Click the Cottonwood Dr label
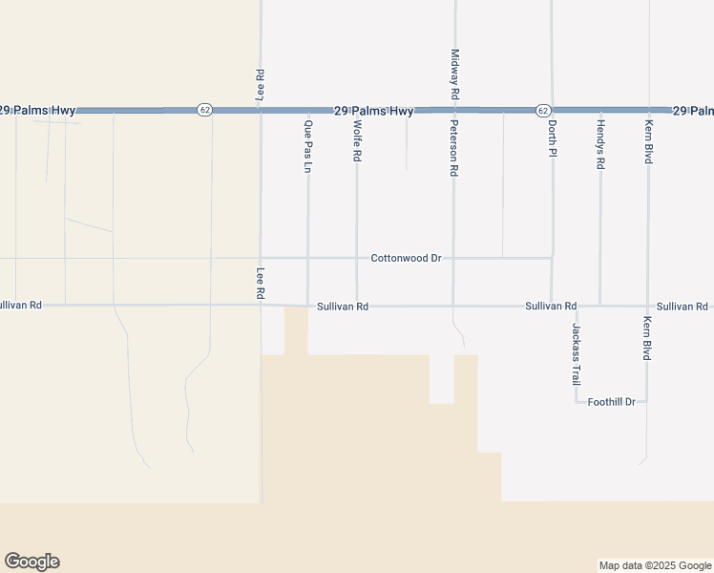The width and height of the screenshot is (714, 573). click(406, 258)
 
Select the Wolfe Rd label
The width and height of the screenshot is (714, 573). click(357, 140)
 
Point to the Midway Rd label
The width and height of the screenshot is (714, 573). click(454, 75)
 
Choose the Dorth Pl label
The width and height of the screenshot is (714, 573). click(552, 139)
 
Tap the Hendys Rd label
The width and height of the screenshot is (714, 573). click(600, 144)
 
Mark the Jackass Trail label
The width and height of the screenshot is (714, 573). click(576, 353)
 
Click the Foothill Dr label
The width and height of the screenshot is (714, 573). click(612, 402)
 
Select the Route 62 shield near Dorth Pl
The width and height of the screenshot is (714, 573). click(542, 110)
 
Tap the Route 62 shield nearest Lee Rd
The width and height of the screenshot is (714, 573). click(204, 110)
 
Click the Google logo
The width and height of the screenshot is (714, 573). click(31, 562)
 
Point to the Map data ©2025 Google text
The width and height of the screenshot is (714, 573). click(655, 565)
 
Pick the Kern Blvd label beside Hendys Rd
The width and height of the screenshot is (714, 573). click(648, 141)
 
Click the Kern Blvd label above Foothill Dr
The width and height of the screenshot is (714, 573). click(647, 338)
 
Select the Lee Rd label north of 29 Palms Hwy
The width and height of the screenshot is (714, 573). click(260, 86)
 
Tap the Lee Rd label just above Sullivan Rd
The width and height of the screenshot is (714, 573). click(260, 284)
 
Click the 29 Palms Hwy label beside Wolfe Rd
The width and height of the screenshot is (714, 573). click(374, 112)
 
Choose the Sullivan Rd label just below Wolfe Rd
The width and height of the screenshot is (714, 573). click(343, 307)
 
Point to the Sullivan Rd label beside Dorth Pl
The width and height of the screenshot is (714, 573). click(551, 307)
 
